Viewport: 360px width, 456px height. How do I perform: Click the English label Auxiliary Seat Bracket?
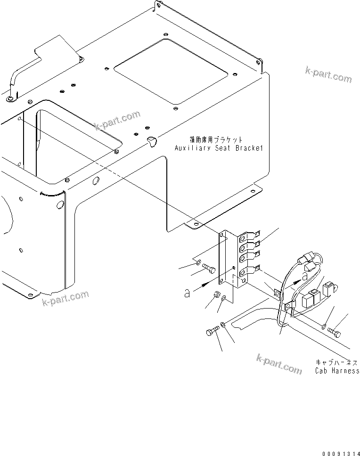pos(218,148)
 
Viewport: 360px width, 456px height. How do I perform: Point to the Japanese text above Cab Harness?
pos(336,363)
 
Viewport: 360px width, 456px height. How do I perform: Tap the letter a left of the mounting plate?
pos(187,293)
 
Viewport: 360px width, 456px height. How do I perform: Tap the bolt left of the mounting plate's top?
pos(209,269)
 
